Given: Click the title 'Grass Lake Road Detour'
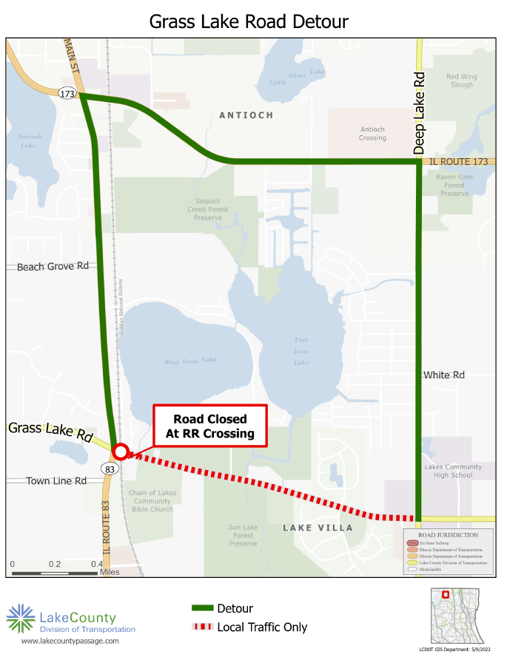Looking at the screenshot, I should pos(249,21).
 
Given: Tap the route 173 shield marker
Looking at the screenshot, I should pos(67,93).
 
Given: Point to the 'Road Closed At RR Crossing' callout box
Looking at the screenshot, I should pos(209,426).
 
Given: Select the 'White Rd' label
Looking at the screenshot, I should pos(443,375).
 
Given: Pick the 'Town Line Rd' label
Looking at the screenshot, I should pos(56,481).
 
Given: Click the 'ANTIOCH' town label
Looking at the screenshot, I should pos(246,115).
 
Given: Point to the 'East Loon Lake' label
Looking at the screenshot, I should pos(301,352).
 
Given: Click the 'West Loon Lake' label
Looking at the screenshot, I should pos(190,360).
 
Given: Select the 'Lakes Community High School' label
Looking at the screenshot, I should pos(453,471).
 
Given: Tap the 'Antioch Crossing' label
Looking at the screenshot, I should pos(372,134).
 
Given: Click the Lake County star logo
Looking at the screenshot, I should pos(20,618).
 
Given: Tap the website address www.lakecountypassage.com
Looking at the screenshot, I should pos(70,641).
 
